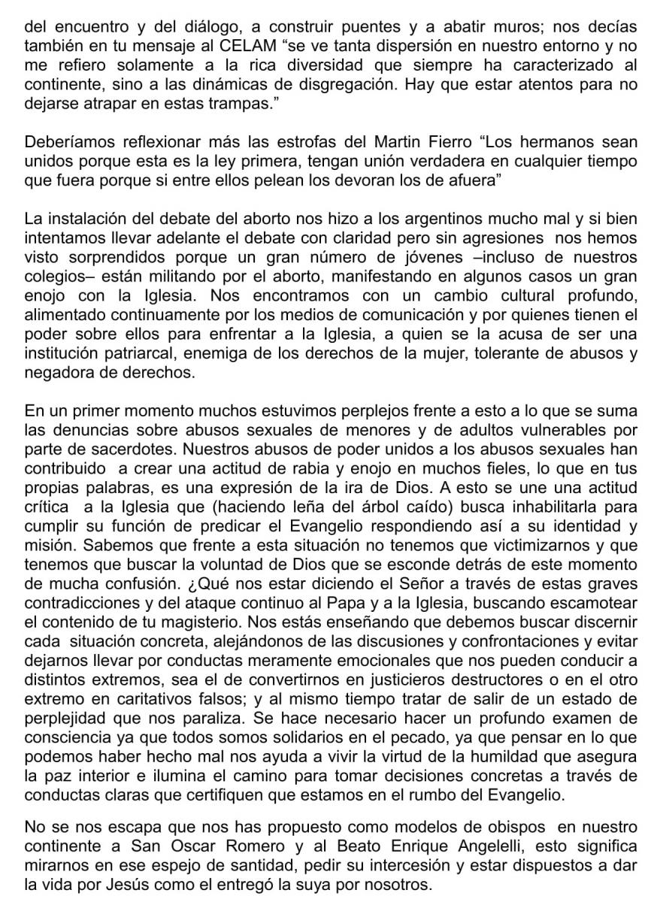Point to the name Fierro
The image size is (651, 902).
click(458, 143)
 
